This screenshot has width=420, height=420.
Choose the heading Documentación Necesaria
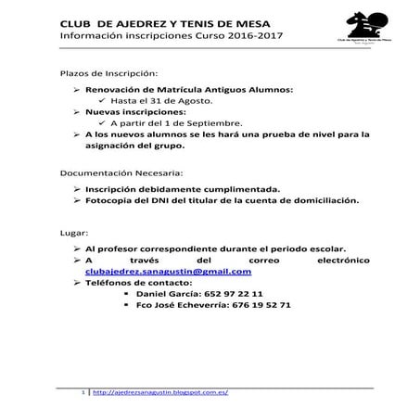pos(121,173)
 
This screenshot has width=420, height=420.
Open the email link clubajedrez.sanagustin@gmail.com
pos(168,273)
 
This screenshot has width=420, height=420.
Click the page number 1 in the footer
pos(85,392)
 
